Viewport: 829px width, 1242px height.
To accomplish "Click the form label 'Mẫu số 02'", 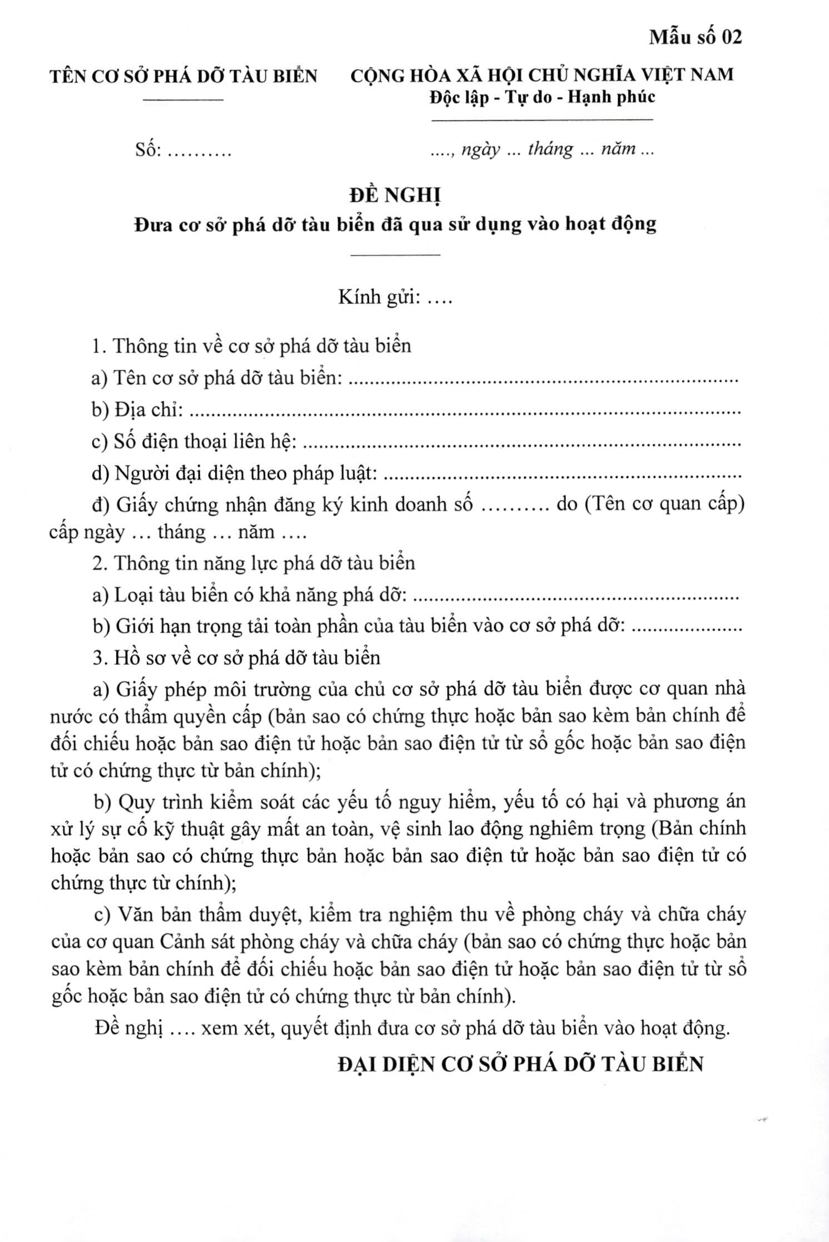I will [x=695, y=37].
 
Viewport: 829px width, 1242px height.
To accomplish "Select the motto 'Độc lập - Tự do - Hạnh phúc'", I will [x=542, y=97].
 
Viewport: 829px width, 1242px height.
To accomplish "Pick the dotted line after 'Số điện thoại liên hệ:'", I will [x=524, y=443].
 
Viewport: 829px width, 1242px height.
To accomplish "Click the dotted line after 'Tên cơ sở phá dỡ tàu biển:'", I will [x=545, y=379].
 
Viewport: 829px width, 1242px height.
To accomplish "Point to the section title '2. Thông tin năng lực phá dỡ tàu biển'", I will [x=254, y=563].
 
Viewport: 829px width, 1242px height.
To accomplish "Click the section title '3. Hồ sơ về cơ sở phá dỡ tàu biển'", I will [x=236, y=657].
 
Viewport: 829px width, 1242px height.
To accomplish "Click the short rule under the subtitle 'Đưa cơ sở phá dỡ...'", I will [x=396, y=255].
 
